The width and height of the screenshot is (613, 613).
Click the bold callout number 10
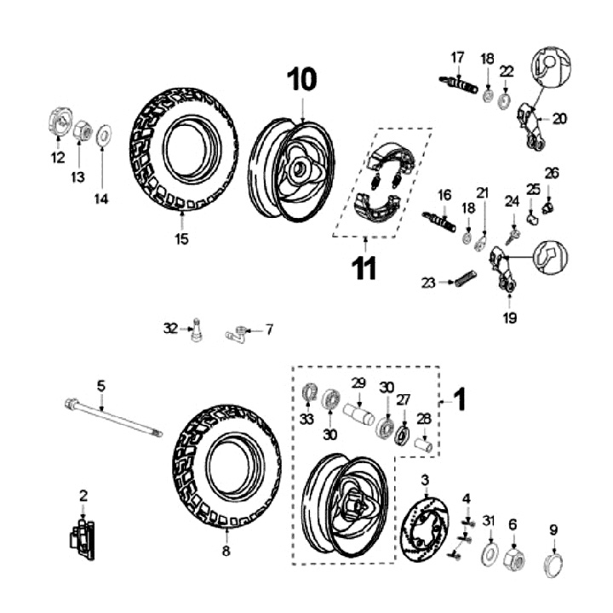point(301,80)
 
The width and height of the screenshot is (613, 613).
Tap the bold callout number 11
point(364,268)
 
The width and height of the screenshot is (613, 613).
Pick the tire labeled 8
point(225,465)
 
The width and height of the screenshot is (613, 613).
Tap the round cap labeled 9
point(553,567)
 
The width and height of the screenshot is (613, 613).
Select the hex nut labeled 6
point(513,559)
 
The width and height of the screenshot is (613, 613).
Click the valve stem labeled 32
point(197,330)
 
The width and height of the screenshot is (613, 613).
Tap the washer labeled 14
point(103,134)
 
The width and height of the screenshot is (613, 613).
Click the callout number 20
point(559,119)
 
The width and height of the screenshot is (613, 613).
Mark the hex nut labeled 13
point(80,131)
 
